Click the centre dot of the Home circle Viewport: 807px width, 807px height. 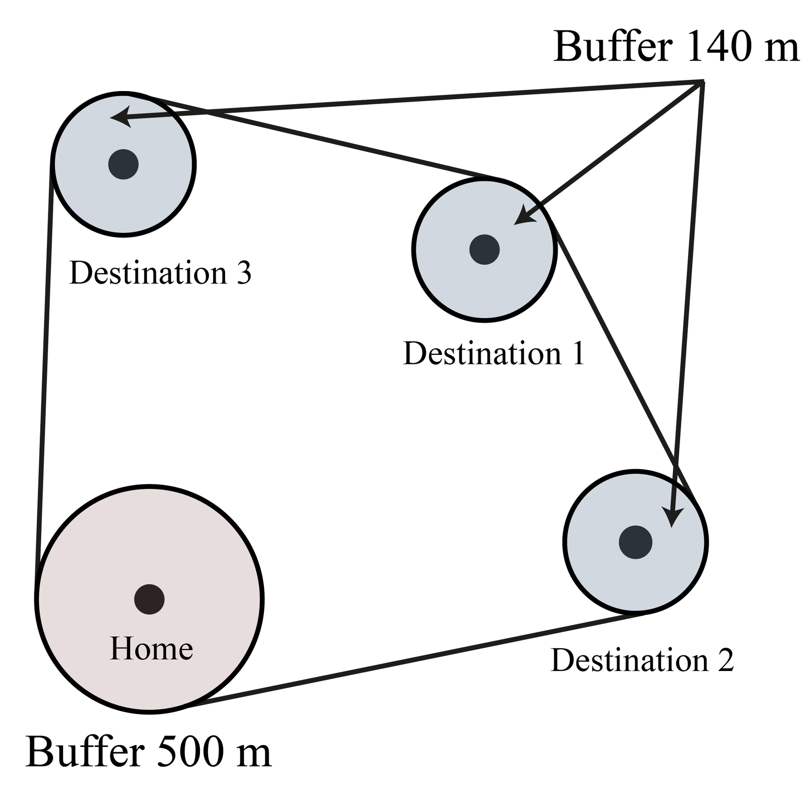(x=149, y=599)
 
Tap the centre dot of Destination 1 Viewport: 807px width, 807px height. (x=484, y=249)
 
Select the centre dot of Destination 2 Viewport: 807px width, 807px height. (x=635, y=542)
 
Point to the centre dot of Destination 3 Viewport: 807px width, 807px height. (x=123, y=165)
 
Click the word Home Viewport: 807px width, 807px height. (x=152, y=649)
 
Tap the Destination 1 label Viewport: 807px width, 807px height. (x=494, y=353)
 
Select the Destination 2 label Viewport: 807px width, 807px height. (x=642, y=660)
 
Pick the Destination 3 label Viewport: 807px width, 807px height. (x=160, y=273)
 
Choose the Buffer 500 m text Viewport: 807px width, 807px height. (x=148, y=752)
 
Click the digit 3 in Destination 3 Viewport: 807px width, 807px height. (x=244, y=273)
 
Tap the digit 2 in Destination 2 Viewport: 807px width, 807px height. (x=726, y=660)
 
